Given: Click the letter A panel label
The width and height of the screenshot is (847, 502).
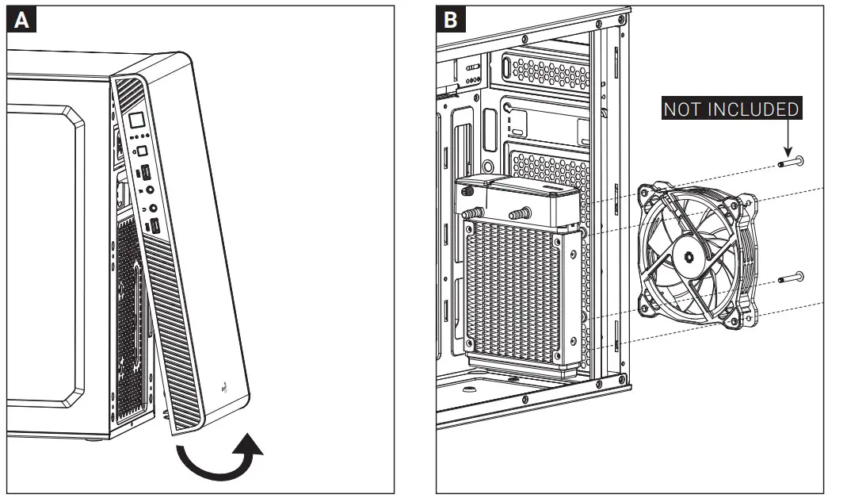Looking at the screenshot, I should [x=22, y=21].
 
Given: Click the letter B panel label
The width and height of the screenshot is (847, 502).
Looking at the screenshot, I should [x=450, y=21].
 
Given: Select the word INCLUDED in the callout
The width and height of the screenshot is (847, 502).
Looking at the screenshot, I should [x=755, y=109].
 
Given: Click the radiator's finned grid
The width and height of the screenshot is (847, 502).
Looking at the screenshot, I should [x=514, y=289].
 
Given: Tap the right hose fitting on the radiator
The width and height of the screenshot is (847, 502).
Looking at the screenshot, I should [x=519, y=213].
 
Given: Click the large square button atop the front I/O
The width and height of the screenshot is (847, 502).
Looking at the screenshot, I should [x=136, y=121].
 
